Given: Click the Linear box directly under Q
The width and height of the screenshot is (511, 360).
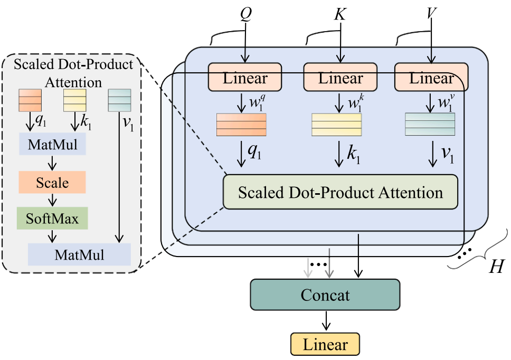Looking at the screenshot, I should pyautogui.click(x=245, y=78).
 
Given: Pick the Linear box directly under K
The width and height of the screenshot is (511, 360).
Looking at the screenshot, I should pyautogui.click(x=340, y=78).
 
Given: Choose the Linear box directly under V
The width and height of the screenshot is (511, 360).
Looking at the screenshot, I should pyautogui.click(x=432, y=78).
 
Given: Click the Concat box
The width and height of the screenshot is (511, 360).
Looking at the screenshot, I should pyautogui.click(x=325, y=294).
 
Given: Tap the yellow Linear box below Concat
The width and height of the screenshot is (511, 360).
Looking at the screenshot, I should pyautogui.click(x=325, y=345).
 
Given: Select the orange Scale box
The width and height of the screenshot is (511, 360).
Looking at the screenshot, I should pyautogui.click(x=52, y=182).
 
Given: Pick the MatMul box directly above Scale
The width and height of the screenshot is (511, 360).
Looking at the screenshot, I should pyautogui.click(x=52, y=145).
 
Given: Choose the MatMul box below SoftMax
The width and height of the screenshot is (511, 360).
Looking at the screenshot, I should pyautogui.click(x=79, y=254).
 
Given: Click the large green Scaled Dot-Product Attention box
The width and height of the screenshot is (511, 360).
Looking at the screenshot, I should pyautogui.click(x=340, y=192).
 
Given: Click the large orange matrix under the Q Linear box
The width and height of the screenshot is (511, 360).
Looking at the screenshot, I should pyautogui.click(x=242, y=125).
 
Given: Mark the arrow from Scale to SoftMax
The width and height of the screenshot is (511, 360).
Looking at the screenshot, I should pyautogui.click(x=52, y=200).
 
